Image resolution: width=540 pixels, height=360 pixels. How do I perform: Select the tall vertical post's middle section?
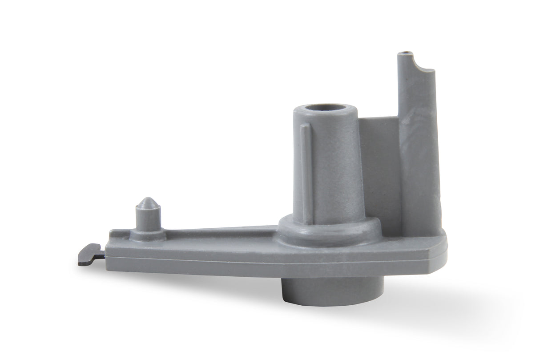(416, 147)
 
